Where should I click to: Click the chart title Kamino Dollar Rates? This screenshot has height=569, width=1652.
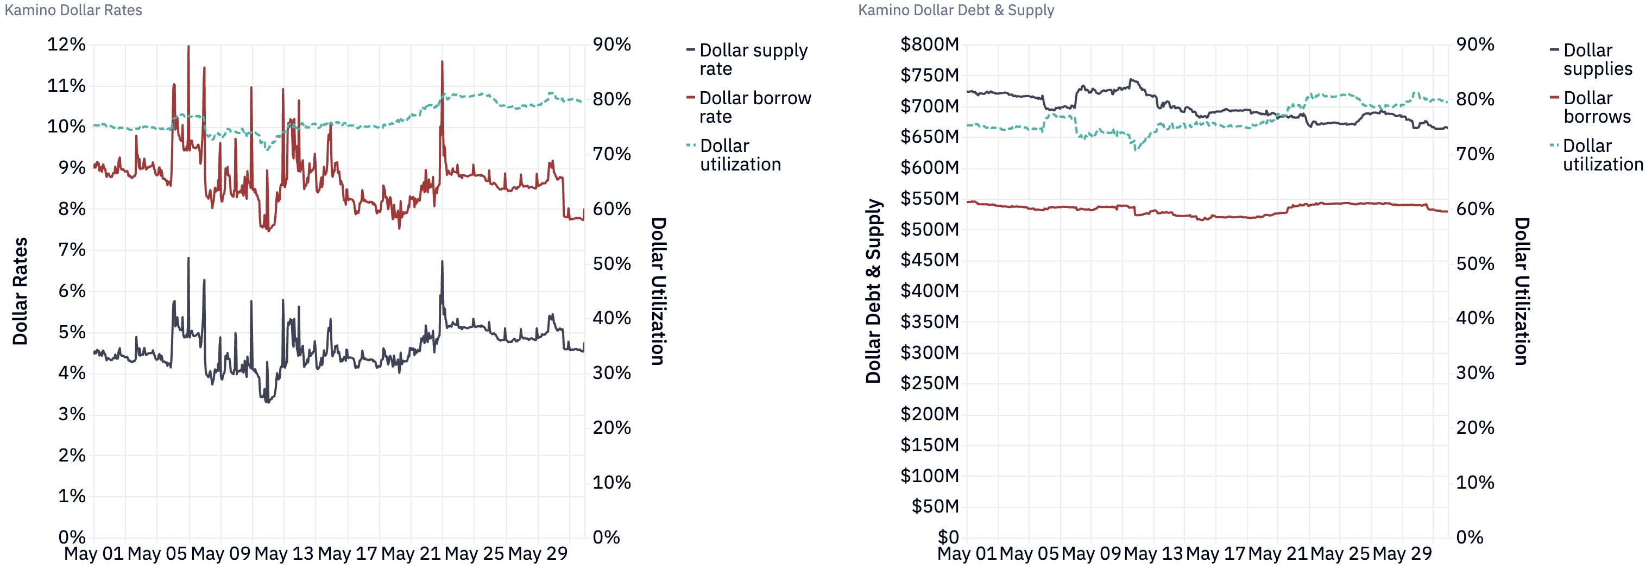[73, 10]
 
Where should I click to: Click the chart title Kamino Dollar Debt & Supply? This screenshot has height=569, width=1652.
[956, 10]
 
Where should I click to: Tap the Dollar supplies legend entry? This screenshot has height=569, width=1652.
[1597, 59]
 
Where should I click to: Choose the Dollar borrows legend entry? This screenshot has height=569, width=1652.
[1596, 107]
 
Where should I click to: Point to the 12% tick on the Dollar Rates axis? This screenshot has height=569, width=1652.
[66, 45]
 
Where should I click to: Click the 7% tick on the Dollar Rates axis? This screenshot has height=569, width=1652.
[72, 250]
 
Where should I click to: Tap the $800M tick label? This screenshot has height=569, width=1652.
[929, 45]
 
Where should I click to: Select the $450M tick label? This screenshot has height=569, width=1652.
[929, 260]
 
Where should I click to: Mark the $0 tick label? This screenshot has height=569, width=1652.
[948, 537]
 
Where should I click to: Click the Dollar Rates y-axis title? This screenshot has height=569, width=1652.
[21, 290]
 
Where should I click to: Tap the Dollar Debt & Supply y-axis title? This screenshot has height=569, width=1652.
[873, 290]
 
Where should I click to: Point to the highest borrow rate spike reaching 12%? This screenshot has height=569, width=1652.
[188, 46]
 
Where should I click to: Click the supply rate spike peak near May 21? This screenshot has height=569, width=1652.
[442, 261]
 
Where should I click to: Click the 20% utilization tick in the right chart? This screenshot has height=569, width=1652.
[1474, 428]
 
